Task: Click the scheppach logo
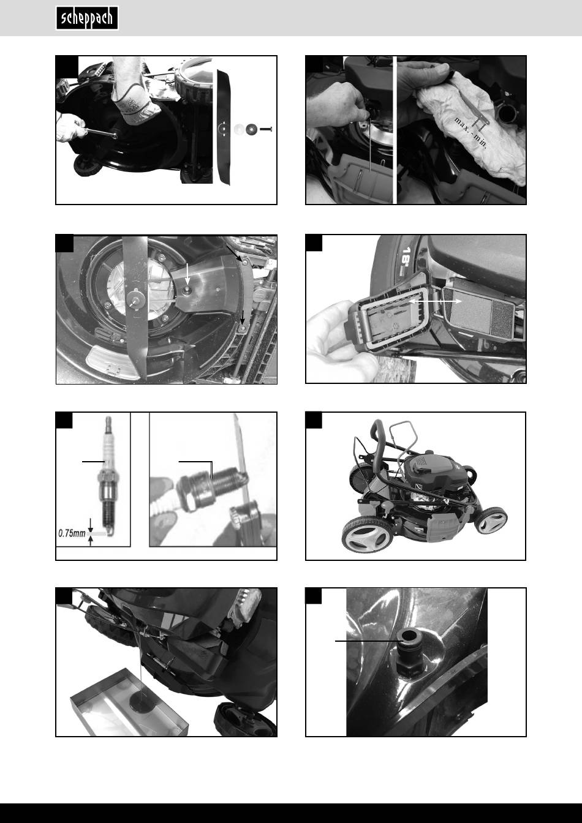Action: (x=87, y=18)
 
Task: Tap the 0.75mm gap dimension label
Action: (x=72, y=533)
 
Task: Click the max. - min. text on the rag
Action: (x=471, y=133)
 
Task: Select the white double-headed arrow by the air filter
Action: (x=436, y=301)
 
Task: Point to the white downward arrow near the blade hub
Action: (x=187, y=274)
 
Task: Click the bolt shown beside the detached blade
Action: (x=266, y=129)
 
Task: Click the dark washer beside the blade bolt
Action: (x=252, y=129)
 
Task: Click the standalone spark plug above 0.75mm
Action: (x=107, y=476)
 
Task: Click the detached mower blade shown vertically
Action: (x=224, y=127)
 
